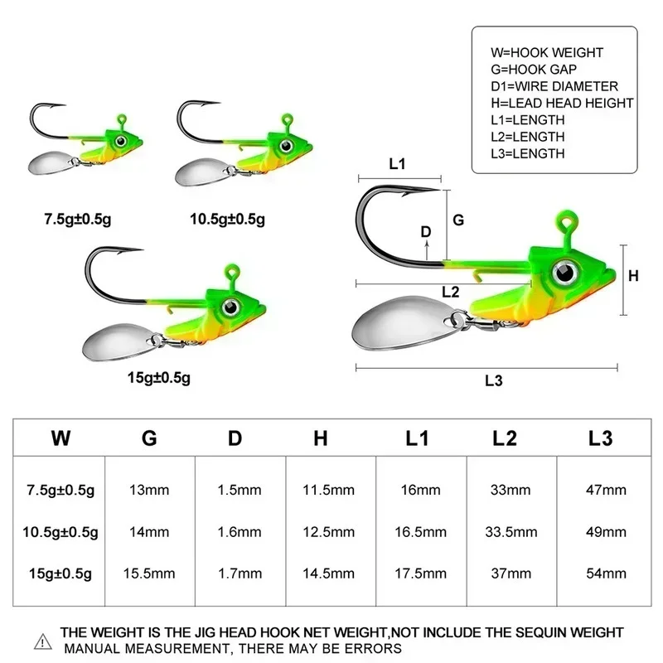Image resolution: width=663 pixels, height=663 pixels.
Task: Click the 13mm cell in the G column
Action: click(149, 491)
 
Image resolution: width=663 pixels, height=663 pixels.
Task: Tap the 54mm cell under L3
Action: click(603, 573)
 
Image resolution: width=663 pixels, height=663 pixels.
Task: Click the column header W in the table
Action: click(60, 438)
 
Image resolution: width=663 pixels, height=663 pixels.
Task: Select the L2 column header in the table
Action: click(505, 438)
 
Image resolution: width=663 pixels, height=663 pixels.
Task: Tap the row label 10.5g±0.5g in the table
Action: click(60, 531)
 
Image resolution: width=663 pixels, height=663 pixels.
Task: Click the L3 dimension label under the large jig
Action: click(493, 380)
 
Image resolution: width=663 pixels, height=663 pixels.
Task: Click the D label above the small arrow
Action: click(426, 232)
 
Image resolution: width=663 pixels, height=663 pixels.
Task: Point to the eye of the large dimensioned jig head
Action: click(567, 269)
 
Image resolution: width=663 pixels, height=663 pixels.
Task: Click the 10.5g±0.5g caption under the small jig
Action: click(227, 220)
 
